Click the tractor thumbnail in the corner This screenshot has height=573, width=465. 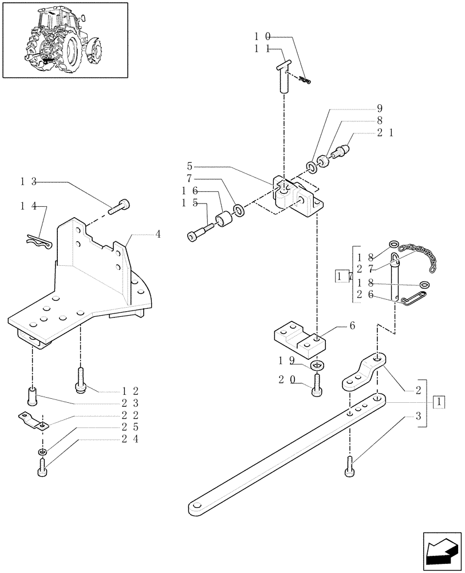pyautogui.click(x=65, y=40)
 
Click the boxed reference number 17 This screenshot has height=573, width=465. pyautogui.click(x=342, y=277)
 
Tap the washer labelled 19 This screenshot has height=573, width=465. pyautogui.click(x=316, y=366)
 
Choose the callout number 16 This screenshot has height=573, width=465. pyautogui.click(x=190, y=191)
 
